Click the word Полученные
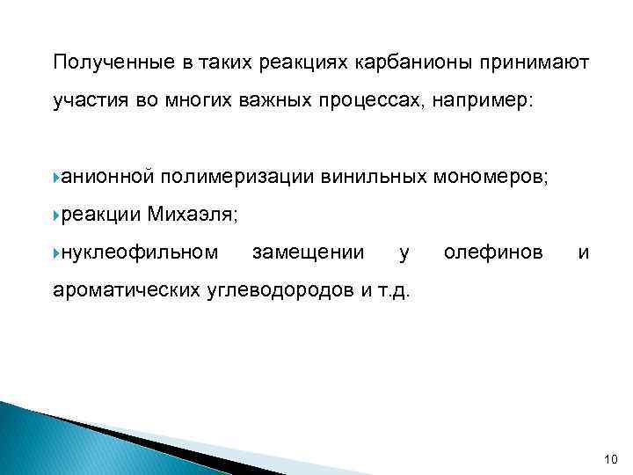click(x=103, y=63)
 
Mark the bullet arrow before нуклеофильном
click(x=56, y=254)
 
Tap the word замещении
click(x=308, y=254)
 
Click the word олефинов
click(x=493, y=254)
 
